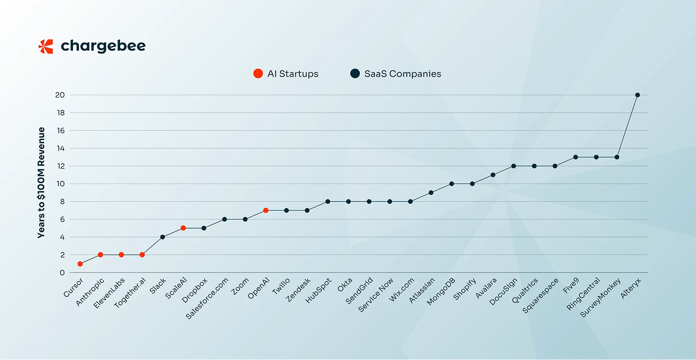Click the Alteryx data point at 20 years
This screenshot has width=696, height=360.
point(637,95)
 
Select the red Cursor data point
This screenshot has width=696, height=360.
point(80,264)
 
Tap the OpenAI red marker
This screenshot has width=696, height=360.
point(265,210)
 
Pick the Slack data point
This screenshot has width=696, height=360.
point(163,237)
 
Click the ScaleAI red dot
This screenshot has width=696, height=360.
point(183,228)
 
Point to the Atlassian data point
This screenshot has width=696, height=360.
point(431,192)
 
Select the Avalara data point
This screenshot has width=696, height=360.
point(493,175)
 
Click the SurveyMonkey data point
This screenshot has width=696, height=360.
point(617,157)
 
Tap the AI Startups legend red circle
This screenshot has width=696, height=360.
point(258,74)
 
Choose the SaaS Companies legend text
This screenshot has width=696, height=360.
point(403,74)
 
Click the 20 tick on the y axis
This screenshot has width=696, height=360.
point(60,95)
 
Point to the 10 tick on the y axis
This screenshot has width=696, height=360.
point(60,184)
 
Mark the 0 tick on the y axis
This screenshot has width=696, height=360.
point(62,273)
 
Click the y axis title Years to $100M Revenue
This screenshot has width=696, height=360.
point(42,183)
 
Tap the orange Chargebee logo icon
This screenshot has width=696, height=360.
point(46,47)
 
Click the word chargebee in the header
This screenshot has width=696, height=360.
point(103,47)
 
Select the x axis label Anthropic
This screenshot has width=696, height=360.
point(91,292)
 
